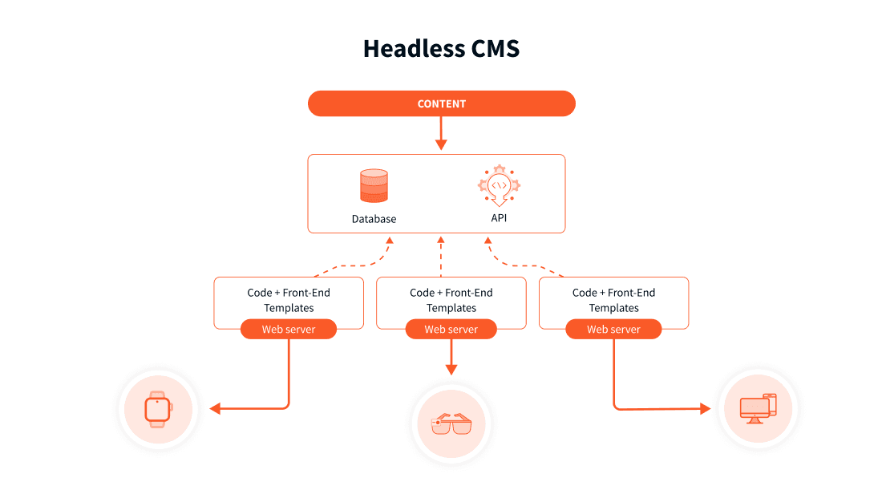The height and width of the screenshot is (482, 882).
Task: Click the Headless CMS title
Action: click(441, 48)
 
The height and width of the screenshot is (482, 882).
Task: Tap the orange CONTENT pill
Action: click(442, 103)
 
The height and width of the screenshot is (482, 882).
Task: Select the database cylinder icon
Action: click(374, 186)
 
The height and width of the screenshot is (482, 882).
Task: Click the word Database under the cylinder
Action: click(374, 219)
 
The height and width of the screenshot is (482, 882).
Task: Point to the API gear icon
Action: click(499, 187)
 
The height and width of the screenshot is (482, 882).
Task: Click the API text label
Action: click(499, 218)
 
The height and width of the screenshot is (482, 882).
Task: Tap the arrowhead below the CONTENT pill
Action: click(441, 144)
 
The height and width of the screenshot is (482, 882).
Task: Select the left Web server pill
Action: click(289, 329)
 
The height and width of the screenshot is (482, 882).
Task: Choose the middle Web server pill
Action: click(451, 329)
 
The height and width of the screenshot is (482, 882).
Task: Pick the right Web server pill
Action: click(613, 329)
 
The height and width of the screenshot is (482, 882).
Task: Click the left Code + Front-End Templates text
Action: click(289, 300)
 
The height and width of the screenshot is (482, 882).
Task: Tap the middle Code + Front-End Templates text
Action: click(451, 300)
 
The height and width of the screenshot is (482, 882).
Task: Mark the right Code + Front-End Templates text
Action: click(613, 300)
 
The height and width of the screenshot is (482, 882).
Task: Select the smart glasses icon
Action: click(451, 424)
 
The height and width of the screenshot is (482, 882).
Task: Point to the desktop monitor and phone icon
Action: click(757, 408)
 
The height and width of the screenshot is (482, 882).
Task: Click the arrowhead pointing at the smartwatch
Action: click(215, 409)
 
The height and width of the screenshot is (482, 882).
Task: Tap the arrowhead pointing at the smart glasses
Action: click(451, 369)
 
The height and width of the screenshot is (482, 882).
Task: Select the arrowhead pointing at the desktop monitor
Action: click(705, 409)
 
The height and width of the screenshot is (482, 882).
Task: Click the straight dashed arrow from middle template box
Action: click(440, 257)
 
